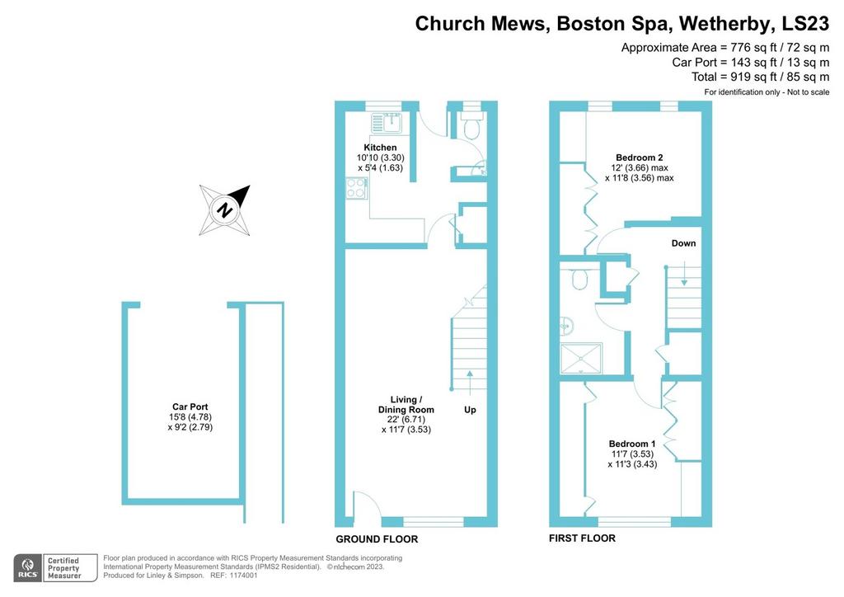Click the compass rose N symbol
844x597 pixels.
(224, 210)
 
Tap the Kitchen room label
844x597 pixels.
(380, 148)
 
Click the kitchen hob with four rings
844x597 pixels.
(356, 188)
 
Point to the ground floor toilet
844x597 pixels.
(472, 126)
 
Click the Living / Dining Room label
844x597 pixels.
(406, 404)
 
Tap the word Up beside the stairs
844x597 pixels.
(470, 410)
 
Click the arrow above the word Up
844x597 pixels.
(470, 383)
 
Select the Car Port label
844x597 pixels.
(190, 407)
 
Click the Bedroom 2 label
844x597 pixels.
(640, 157)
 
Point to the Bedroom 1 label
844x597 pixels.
(632, 444)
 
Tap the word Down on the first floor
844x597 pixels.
(683, 243)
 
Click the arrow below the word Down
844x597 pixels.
(684, 274)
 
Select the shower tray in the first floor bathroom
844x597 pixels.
(581, 359)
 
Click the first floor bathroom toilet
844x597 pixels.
(579, 279)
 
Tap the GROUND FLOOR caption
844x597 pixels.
(377, 538)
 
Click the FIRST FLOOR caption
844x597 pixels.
(582, 538)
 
